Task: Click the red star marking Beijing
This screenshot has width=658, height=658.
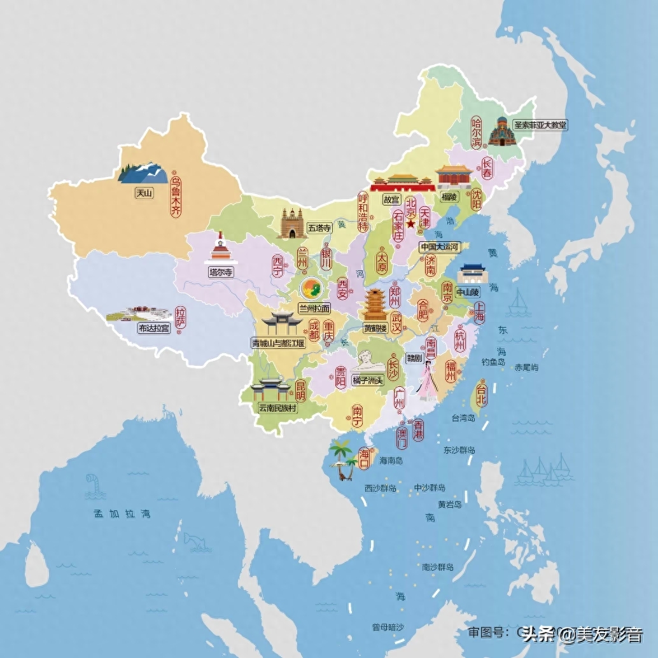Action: pyautogui.click(x=410, y=224)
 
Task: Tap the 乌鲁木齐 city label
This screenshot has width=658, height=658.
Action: pyautogui.click(x=175, y=197)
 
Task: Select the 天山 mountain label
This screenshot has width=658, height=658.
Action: pyautogui.click(x=144, y=193)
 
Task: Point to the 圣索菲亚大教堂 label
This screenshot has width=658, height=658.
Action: pyautogui.click(x=540, y=125)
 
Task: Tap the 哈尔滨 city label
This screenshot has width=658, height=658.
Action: pyautogui.click(x=476, y=132)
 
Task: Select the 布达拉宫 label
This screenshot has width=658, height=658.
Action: pyautogui.click(x=154, y=328)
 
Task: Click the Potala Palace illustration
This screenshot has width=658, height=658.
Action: pyautogui.click(x=139, y=314)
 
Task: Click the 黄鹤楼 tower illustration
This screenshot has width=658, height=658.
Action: pyautogui.click(x=374, y=305)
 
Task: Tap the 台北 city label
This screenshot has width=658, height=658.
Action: pyautogui.click(x=482, y=394)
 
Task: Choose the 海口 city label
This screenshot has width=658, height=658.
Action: pyautogui.click(x=364, y=458)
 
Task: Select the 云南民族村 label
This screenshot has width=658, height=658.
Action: pyautogui.click(x=277, y=408)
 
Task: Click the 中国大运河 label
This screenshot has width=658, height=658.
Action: pyautogui.click(x=440, y=246)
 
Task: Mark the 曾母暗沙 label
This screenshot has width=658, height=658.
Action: pyautogui.click(x=388, y=627)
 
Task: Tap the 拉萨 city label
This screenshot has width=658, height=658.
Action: pyautogui.click(x=181, y=318)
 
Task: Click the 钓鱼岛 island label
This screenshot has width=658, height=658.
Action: pyautogui.click(x=493, y=362)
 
